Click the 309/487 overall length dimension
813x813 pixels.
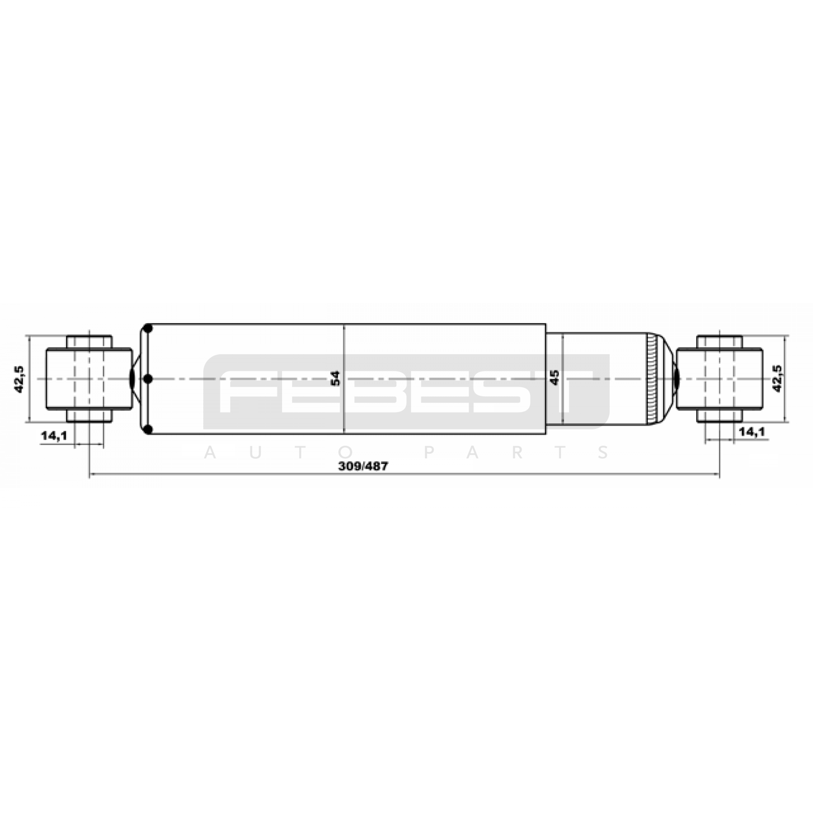(x=363, y=466)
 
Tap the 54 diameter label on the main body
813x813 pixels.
(x=335, y=379)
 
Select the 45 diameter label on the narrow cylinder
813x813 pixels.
(x=554, y=377)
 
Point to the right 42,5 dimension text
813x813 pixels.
(x=777, y=378)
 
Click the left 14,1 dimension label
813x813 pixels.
(x=54, y=435)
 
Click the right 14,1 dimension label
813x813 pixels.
(x=752, y=432)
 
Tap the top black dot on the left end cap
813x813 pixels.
(x=148, y=328)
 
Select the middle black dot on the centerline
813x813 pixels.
(x=148, y=379)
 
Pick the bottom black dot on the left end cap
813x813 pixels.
(x=148, y=430)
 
